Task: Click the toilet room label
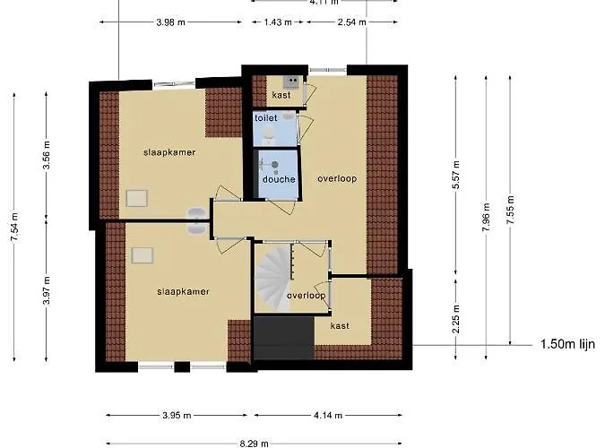pyautogui.click(x=265, y=117)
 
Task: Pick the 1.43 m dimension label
pyautogui.click(x=279, y=22)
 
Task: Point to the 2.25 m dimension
pyautogui.click(x=456, y=321)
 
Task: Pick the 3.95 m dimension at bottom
pyautogui.click(x=178, y=415)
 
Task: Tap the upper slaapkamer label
pyautogui.click(x=169, y=152)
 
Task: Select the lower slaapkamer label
pyautogui.click(x=183, y=291)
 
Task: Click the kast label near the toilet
pyautogui.click(x=281, y=94)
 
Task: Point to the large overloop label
pyautogui.click(x=337, y=178)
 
